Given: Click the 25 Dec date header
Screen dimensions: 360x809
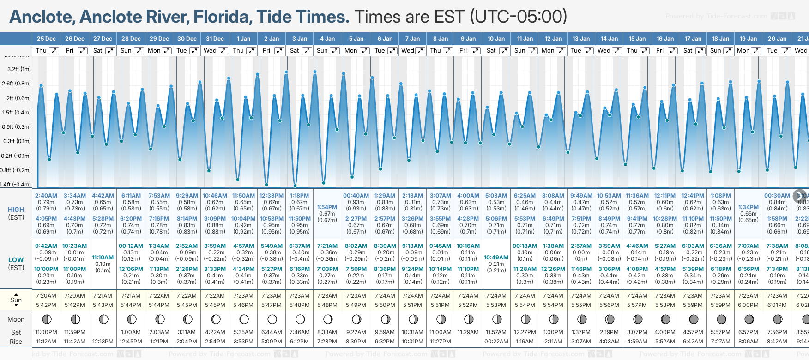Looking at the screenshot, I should point(46,39).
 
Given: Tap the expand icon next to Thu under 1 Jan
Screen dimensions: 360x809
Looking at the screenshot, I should point(251,51).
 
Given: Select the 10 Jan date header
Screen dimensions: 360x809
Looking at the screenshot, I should point(496,39).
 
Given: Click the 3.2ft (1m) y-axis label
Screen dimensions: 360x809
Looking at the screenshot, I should point(19,69).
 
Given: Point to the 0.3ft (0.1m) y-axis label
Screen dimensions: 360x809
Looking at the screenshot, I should point(17,141).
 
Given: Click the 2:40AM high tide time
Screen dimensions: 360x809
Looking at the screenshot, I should point(46,196).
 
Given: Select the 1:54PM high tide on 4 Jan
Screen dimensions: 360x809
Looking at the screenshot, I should point(327,207).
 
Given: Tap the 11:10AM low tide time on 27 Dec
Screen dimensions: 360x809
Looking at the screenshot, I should point(103,258).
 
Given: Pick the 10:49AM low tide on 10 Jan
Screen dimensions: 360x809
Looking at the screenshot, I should point(496,258).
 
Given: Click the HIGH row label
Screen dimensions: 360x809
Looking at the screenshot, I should point(16,210).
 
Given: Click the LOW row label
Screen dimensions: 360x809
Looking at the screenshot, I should point(16,260).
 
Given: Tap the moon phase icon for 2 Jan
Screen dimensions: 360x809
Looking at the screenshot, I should point(272,319).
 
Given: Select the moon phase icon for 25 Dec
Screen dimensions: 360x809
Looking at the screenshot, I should point(46,319).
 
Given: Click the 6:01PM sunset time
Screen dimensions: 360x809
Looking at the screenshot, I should point(777,305).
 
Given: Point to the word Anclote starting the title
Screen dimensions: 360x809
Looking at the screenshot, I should point(41,17).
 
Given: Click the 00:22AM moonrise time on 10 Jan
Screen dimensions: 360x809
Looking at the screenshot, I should point(496,342).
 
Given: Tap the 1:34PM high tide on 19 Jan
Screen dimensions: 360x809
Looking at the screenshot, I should point(748,207).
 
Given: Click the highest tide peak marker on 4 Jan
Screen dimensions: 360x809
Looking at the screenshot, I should point(315,72).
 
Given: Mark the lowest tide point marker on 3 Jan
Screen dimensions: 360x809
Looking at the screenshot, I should point(295,186).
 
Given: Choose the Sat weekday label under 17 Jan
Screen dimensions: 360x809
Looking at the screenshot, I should point(688,51).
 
